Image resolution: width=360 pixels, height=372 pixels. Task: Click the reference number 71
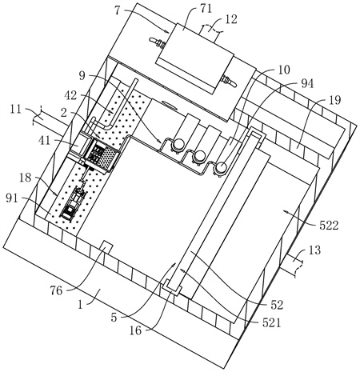point(206,10)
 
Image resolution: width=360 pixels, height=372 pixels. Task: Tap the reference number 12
point(230,19)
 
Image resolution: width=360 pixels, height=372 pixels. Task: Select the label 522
point(329,226)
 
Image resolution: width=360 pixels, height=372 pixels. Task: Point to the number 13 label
point(314,250)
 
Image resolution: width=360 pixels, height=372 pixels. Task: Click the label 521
point(272,322)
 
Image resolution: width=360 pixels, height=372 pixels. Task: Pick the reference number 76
point(56,290)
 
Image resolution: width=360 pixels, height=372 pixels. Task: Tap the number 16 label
point(135,330)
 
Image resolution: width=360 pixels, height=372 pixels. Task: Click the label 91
point(12,198)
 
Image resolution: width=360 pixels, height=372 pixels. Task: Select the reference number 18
point(26,178)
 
